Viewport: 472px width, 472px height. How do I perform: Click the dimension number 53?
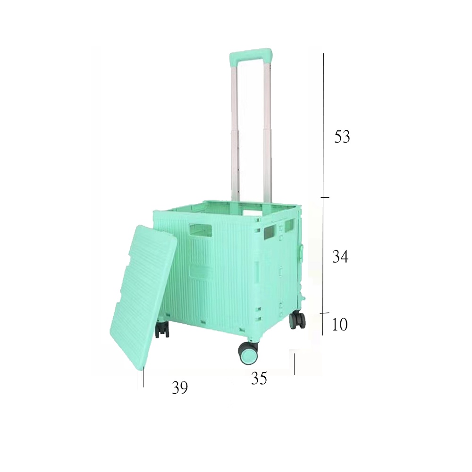point(342,137)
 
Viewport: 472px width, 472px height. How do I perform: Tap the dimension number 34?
point(340,257)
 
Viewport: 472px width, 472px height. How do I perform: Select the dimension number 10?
point(339,324)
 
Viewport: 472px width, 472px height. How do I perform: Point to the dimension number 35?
point(259,378)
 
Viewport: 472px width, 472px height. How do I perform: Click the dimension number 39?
point(180,388)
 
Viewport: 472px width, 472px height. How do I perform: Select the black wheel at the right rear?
point(297,320)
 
